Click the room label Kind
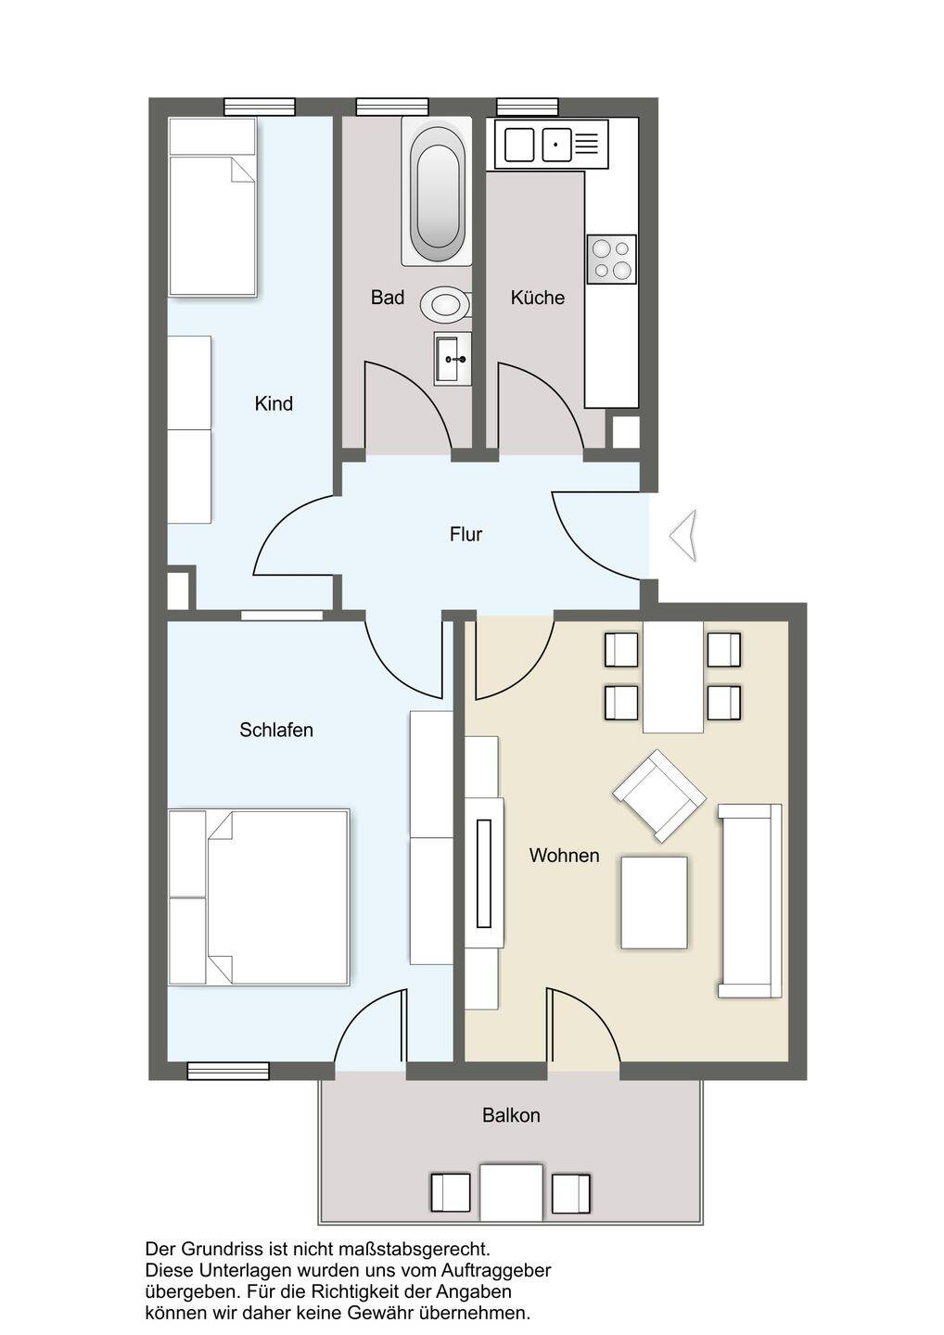274,403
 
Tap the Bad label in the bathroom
388,297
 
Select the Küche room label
538,297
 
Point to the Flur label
466,534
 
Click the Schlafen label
276,730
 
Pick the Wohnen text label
564,855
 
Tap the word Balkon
511,1115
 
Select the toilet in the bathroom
446,304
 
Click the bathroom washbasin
453,359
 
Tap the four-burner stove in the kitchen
612,260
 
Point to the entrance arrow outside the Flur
683,536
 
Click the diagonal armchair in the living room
659,796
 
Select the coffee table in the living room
654,903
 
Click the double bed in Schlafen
259,897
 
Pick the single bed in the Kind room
212,207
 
